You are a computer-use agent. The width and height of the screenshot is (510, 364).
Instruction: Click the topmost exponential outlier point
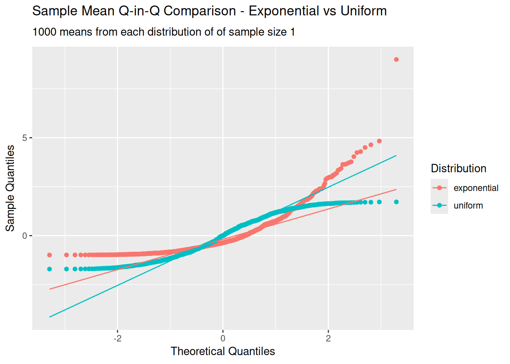(x=396, y=60)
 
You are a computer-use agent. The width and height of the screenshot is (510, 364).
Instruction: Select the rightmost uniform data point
(x=396, y=202)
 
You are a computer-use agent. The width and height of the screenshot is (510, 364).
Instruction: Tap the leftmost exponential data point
(x=49, y=255)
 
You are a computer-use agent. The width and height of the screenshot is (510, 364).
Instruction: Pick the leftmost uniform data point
(x=49, y=269)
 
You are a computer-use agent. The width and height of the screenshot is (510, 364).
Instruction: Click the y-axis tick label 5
(x=25, y=138)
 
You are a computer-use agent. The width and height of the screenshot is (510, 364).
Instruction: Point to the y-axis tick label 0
(x=25, y=236)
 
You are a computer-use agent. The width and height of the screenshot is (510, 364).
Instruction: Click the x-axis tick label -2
(x=117, y=338)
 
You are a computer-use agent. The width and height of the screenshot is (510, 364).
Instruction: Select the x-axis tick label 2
(x=328, y=338)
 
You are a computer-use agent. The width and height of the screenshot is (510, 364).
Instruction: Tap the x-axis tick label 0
(x=223, y=338)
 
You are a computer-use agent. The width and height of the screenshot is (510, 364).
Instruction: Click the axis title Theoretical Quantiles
(x=223, y=351)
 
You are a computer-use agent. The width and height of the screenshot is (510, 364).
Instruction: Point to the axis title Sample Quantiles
(x=10, y=188)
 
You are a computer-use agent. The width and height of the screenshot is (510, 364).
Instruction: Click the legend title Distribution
(x=458, y=168)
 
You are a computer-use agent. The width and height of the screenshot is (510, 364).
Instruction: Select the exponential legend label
(x=476, y=188)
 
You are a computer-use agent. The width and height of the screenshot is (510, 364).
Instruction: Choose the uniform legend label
(x=468, y=206)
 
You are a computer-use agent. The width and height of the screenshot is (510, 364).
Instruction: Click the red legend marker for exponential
(x=439, y=188)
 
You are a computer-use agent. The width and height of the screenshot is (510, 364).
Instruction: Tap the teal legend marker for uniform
(x=439, y=206)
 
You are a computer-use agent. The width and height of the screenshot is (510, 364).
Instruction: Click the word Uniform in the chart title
(x=364, y=11)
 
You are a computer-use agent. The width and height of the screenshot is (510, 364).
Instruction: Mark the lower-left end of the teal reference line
(x=50, y=317)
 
